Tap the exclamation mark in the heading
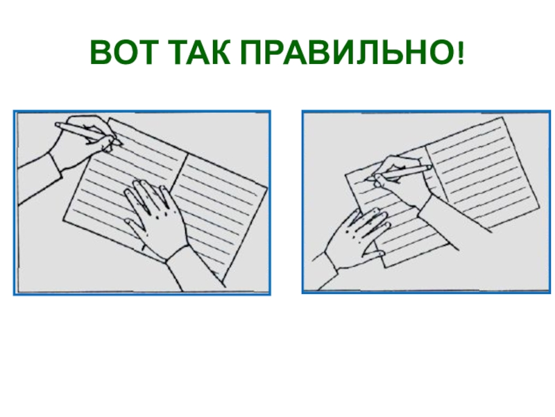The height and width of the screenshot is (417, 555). tap(460, 53)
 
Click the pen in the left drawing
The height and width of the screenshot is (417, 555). tap(89, 133)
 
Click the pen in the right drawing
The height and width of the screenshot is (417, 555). tap(400, 173)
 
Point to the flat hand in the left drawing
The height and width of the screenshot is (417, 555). tap(155, 217)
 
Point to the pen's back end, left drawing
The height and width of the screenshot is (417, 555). tap(57, 124)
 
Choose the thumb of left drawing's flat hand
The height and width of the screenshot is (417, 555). tap(133, 227)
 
